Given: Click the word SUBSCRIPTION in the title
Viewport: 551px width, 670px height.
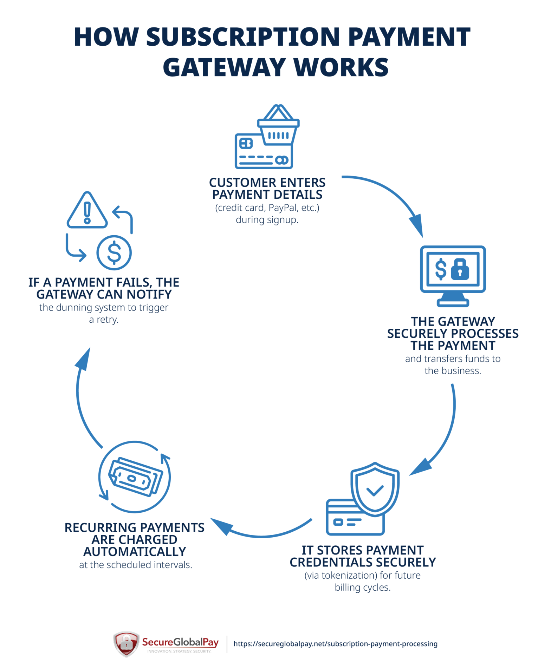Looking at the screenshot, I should pyautogui.click(x=243, y=37).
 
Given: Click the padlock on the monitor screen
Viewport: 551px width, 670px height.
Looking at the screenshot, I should pyautogui.click(x=460, y=269).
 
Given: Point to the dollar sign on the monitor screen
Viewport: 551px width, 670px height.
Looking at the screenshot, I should pyautogui.click(x=440, y=269).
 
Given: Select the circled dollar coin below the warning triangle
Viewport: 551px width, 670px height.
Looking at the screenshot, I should pyautogui.click(x=114, y=252).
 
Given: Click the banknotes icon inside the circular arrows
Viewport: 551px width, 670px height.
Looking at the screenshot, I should pyautogui.click(x=135, y=477).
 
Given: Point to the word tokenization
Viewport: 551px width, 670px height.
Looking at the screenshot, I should pyautogui.click(x=349, y=576).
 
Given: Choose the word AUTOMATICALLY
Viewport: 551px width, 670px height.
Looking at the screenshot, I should pyautogui.click(x=135, y=552).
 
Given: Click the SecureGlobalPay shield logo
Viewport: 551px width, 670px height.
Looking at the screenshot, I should pyautogui.click(x=126, y=644).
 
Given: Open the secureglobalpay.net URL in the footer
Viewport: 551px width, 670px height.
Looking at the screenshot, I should pyautogui.click(x=335, y=644).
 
